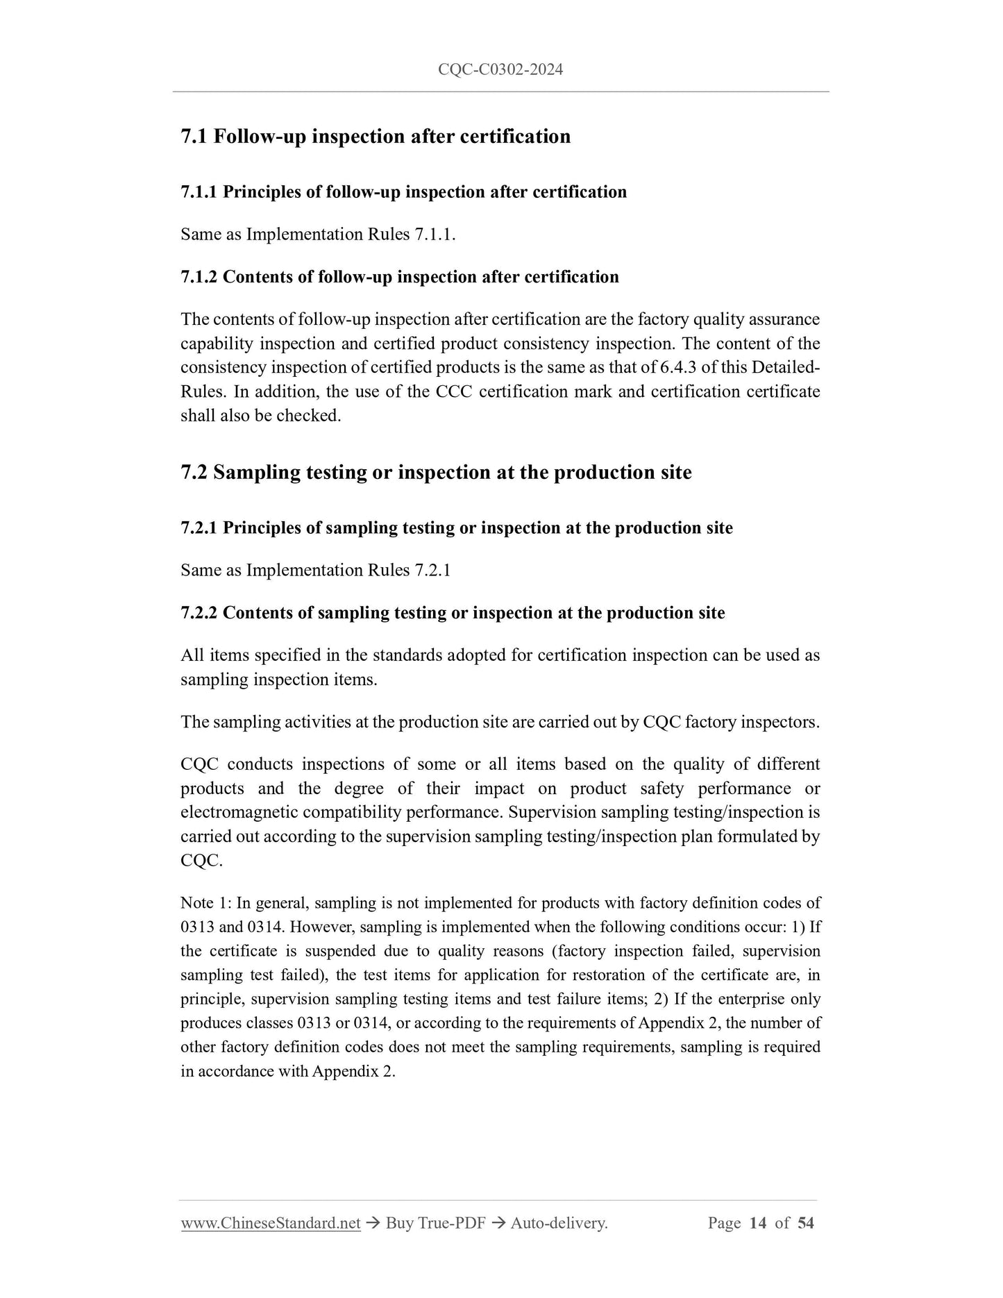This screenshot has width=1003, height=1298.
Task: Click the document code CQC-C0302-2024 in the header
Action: pos(500,69)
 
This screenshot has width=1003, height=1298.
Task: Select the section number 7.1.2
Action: pos(199,277)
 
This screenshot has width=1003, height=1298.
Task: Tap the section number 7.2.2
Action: pos(199,613)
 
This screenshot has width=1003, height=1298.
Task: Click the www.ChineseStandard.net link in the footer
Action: pos(270,1223)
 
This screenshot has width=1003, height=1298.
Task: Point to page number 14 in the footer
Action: pos(758,1223)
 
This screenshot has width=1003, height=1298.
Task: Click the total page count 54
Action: pos(805,1223)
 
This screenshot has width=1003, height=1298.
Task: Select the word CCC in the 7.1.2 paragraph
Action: pos(454,391)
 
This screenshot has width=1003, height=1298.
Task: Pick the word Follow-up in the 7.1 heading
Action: pos(260,136)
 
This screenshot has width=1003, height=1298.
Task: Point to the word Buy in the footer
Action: pos(400,1223)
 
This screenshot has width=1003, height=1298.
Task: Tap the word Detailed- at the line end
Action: pos(787,367)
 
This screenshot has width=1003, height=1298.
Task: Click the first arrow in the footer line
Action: pos(373,1223)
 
